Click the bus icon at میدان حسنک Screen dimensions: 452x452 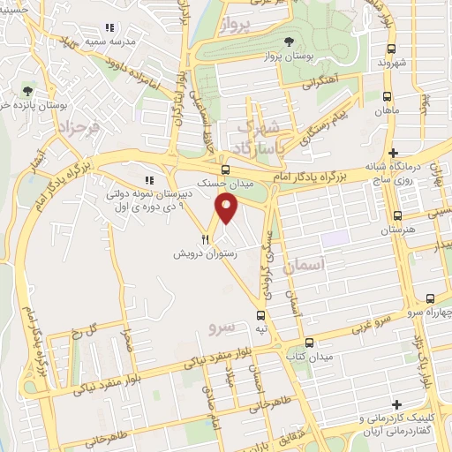tap(225, 169)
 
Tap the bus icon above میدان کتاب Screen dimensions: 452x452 tap(308, 343)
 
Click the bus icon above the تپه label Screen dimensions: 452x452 tap(260, 315)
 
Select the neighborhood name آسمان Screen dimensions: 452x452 tap(306, 264)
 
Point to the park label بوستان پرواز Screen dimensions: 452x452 tap(283, 56)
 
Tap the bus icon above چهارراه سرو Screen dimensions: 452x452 tap(430, 299)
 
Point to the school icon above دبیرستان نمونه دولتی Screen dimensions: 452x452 tap(149, 181)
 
